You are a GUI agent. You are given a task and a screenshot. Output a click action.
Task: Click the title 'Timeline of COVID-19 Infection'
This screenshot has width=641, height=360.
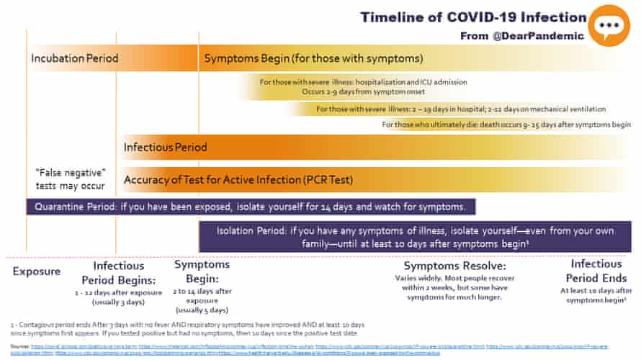click(x=473, y=17)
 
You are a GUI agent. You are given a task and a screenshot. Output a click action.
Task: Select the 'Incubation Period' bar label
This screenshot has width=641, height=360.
click(x=74, y=58)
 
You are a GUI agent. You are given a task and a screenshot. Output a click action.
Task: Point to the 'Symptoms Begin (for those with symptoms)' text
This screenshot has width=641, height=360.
click(x=313, y=58)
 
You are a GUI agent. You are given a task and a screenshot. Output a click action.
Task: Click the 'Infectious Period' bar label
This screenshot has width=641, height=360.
click(x=165, y=147)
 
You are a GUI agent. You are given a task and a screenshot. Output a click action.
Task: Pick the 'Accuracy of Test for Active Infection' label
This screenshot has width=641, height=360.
click(x=238, y=179)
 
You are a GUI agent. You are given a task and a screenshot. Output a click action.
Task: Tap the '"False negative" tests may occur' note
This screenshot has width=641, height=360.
click(x=71, y=179)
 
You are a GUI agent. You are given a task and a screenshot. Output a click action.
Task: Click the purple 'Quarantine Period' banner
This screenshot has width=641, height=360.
click(x=251, y=207)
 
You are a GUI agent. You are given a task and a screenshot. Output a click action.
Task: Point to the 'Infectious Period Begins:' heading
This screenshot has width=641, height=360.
click(x=119, y=272)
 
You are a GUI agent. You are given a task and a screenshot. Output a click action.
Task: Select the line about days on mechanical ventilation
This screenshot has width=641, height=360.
click(x=461, y=109)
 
